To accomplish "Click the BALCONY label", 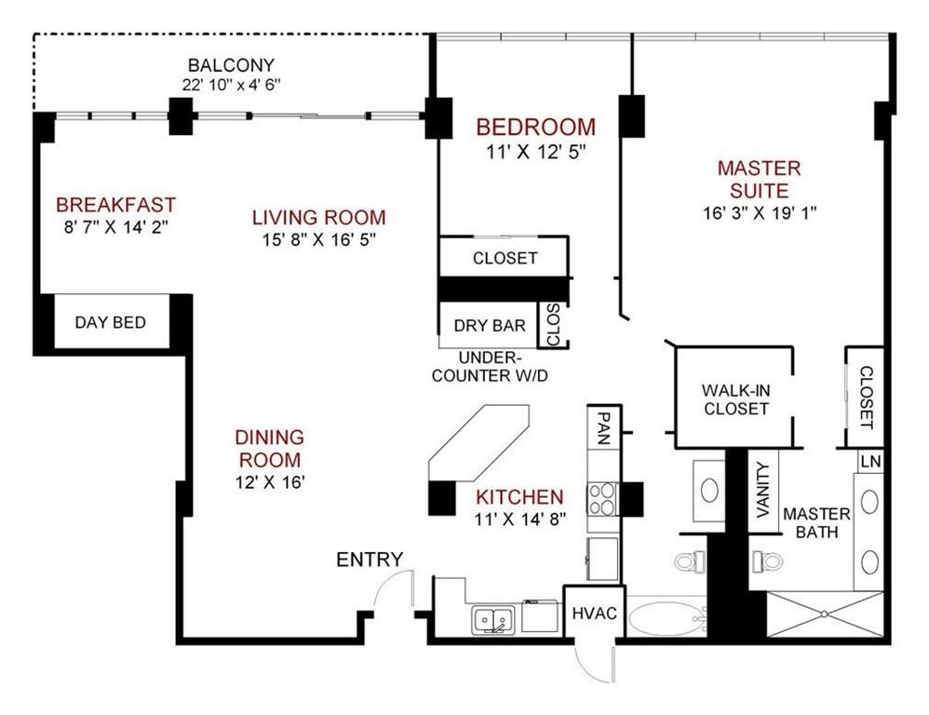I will pyautogui.click(x=231, y=66).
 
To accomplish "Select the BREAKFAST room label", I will pyautogui.click(x=115, y=205).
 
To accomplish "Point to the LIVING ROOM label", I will pyautogui.click(x=318, y=218).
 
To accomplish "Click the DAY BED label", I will pyautogui.click(x=110, y=323).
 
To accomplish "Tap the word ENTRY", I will pyautogui.click(x=370, y=560).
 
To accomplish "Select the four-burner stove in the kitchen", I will pyautogui.click(x=601, y=499).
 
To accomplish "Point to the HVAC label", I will pyautogui.click(x=594, y=614).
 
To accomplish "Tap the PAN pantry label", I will pyautogui.click(x=602, y=429).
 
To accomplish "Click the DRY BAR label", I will pyautogui.click(x=490, y=326).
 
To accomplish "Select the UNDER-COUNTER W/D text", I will pyautogui.click(x=491, y=367).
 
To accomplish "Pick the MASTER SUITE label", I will pyautogui.click(x=759, y=180).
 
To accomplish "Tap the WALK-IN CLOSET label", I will pyautogui.click(x=735, y=399).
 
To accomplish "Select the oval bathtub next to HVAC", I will pyautogui.click(x=662, y=618).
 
